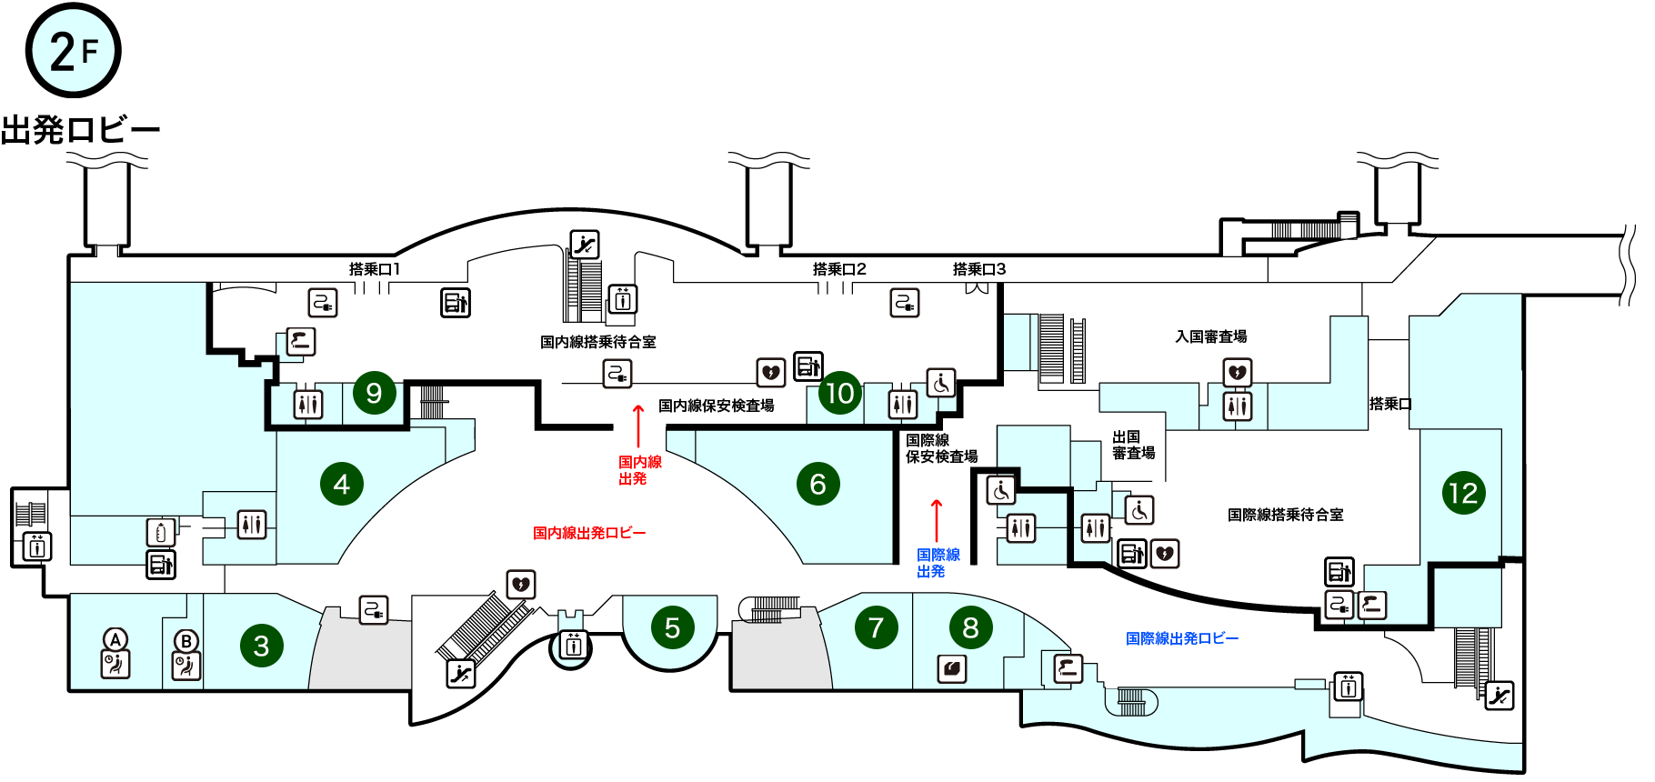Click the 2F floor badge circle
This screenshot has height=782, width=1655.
[x=73, y=51]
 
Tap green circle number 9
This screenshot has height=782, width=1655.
[x=374, y=393]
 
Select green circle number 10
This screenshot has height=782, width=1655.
[x=839, y=393]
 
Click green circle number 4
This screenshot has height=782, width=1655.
[x=342, y=484]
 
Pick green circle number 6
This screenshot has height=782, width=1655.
[x=817, y=484]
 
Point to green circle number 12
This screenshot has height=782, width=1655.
[x=1463, y=493]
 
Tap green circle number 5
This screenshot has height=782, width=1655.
[x=672, y=627]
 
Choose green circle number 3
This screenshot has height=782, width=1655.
[x=261, y=646]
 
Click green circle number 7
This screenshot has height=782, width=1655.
[x=876, y=627]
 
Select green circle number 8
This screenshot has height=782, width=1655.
[x=970, y=627]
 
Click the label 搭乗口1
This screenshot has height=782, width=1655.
[x=375, y=269]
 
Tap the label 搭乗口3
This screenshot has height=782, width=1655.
[x=979, y=269]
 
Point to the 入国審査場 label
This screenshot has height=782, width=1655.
[x=1211, y=336]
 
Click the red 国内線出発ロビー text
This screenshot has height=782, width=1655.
[x=589, y=533]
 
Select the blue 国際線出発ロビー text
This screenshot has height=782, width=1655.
[x=1182, y=638]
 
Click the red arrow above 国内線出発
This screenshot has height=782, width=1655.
[x=638, y=426]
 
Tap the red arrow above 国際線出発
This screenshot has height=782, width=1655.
[x=937, y=520]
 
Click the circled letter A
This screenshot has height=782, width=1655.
[x=115, y=639]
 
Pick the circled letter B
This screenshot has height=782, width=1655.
[x=186, y=641]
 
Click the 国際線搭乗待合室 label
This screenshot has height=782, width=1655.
[x=1285, y=515]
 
